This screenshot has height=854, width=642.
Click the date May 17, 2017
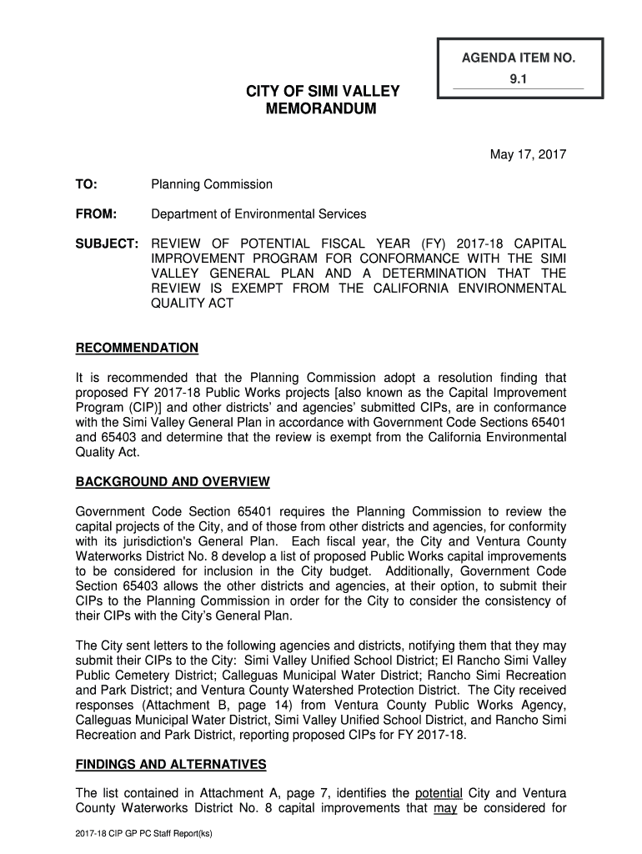[x=527, y=154]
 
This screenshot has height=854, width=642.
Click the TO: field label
[x=86, y=184]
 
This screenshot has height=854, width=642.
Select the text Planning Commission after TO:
[x=212, y=184]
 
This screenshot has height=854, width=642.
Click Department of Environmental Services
[x=258, y=214]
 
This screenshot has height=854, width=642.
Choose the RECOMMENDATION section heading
[x=137, y=348]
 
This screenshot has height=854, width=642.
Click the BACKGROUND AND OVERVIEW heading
[x=173, y=482]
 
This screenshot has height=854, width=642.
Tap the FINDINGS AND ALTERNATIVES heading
[x=171, y=764]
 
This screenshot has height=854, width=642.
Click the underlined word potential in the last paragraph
[x=439, y=792]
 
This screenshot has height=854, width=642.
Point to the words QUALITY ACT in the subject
[x=193, y=304]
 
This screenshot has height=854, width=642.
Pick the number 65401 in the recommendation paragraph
[x=546, y=422]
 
